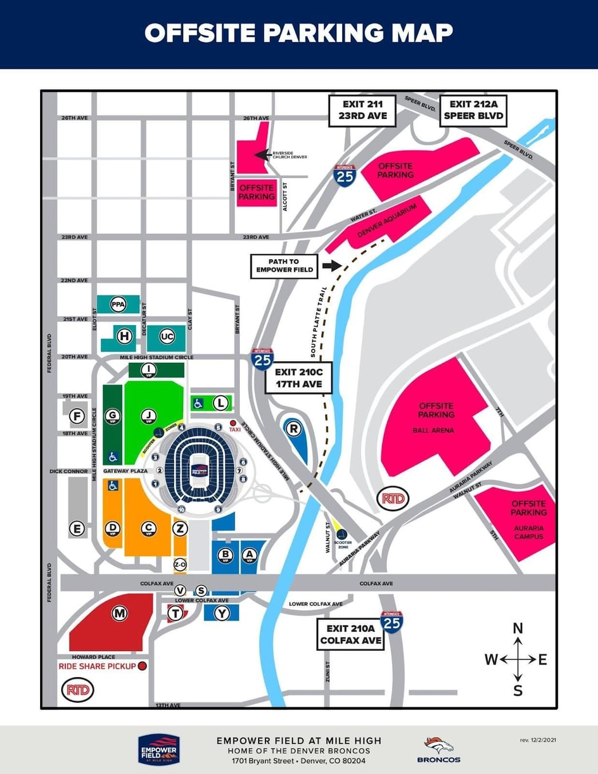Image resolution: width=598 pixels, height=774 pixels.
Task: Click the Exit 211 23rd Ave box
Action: click(362, 110)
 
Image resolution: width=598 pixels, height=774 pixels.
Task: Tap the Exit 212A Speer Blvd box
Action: click(473, 110)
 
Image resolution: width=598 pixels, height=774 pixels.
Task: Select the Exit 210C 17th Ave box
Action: click(299, 378)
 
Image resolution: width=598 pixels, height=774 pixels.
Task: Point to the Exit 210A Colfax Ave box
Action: click(350, 634)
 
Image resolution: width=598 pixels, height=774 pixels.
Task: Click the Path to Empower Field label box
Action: click(284, 266)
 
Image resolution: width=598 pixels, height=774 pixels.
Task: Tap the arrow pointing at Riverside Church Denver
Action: click(262, 154)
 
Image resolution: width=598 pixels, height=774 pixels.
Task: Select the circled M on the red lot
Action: click(119, 614)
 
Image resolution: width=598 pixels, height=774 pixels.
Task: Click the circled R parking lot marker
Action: click(293, 428)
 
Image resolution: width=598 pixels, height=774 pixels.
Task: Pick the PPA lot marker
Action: click(118, 305)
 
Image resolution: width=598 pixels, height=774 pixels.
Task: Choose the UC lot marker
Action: click(167, 336)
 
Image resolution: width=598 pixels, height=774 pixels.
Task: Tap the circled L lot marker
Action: click(221, 403)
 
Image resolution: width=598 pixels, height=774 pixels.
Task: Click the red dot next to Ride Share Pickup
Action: click(142, 666)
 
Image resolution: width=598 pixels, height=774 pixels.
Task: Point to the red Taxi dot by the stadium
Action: click(233, 423)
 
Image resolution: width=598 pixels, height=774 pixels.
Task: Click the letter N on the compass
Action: click(518, 629)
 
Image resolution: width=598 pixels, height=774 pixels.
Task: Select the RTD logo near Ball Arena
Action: click(393, 498)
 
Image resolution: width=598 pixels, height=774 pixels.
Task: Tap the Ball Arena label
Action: click(433, 431)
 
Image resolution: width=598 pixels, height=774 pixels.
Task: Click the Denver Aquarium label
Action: click(387, 220)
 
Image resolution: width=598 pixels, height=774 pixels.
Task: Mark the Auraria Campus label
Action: click(528, 532)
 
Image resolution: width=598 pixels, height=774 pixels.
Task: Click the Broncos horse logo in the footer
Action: click(438, 745)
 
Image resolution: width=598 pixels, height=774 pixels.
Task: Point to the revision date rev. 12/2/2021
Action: click(538, 740)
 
